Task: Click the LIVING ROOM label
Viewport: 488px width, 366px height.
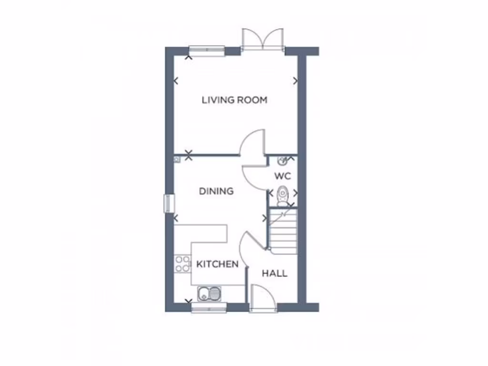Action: pyautogui.click(x=234, y=100)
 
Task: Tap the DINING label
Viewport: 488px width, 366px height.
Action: pyautogui.click(x=216, y=191)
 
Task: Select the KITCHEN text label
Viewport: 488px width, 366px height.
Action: pyautogui.click(x=217, y=264)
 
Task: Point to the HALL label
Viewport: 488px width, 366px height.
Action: pyautogui.click(x=274, y=274)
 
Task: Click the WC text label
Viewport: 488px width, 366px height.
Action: pyautogui.click(x=282, y=176)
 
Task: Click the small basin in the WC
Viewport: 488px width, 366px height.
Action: pyautogui.click(x=282, y=161)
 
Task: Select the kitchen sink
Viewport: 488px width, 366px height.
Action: pyautogui.click(x=209, y=294)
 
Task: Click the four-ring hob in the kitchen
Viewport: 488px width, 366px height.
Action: pyautogui.click(x=183, y=264)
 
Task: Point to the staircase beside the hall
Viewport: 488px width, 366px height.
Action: pyautogui.click(x=283, y=232)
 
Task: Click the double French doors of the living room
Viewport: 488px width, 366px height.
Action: pyautogui.click(x=263, y=40)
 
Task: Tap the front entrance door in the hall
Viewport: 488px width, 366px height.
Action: pyautogui.click(x=263, y=299)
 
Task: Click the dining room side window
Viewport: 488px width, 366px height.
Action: pyautogui.click(x=167, y=203)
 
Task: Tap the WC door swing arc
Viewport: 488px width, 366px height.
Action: pyautogui.click(x=254, y=177)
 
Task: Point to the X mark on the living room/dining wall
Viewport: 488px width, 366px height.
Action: pyautogui.click(x=189, y=154)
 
